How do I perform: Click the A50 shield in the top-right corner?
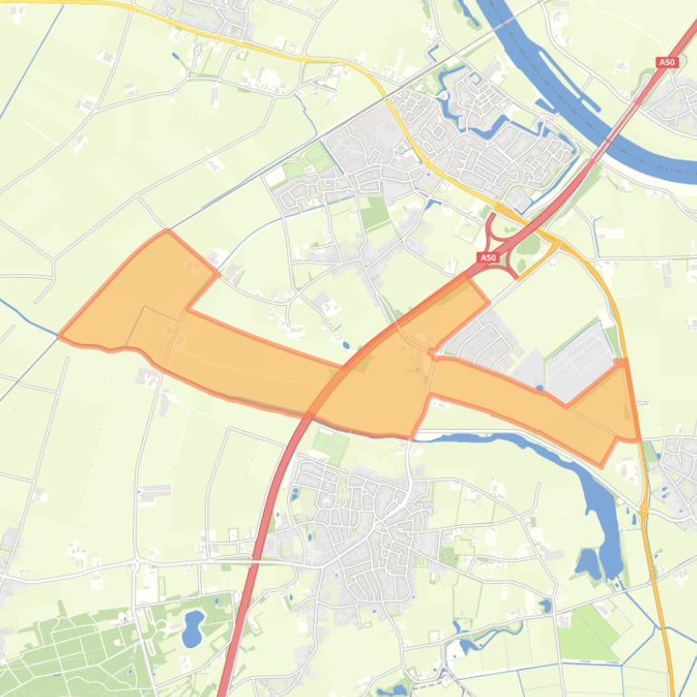tap(666, 62)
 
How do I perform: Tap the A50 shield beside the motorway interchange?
tap(488, 258)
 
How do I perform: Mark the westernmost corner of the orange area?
tap(60, 337)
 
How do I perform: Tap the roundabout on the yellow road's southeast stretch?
tap(644, 511)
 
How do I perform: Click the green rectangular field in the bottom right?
tap(588, 634)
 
